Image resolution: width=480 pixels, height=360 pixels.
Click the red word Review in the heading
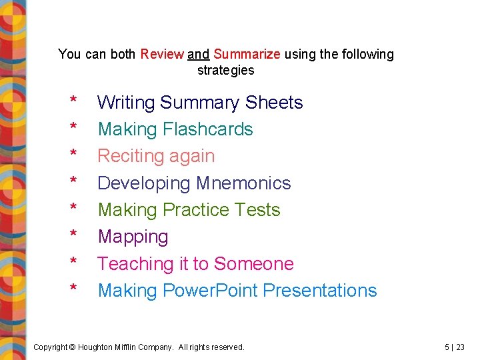pyautogui.click(x=162, y=54)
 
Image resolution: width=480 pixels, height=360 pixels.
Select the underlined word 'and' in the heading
pyautogui.click(x=199, y=54)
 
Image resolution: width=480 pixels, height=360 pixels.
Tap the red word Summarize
pyautogui.click(x=247, y=54)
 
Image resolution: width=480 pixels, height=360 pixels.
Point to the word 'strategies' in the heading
pyautogui.click(x=225, y=70)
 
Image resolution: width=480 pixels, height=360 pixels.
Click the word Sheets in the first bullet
pyautogui.click(x=274, y=103)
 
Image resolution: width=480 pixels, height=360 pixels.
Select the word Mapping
pyautogui.click(x=133, y=237)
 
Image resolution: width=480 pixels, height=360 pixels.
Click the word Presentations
pyautogui.click(x=320, y=291)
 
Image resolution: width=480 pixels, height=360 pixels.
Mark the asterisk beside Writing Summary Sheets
pyautogui.click(x=73, y=101)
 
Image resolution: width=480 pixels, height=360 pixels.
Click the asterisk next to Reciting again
pyautogui.click(x=73, y=155)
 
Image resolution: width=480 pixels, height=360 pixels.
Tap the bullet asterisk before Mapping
pyautogui.click(x=73, y=235)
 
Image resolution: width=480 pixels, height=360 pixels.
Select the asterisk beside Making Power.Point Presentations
pyautogui.click(x=73, y=289)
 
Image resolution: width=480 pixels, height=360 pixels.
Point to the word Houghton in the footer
pyautogui.click(x=100, y=347)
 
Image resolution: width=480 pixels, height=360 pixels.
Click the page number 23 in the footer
pyautogui.click(x=460, y=347)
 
